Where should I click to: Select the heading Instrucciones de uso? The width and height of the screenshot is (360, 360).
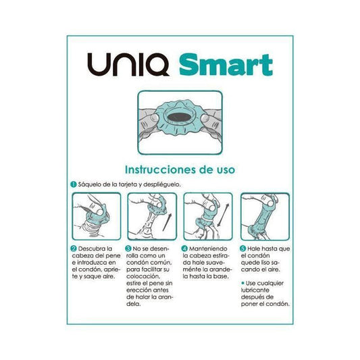(180, 170)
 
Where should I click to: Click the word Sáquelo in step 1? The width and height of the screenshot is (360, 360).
(91, 184)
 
